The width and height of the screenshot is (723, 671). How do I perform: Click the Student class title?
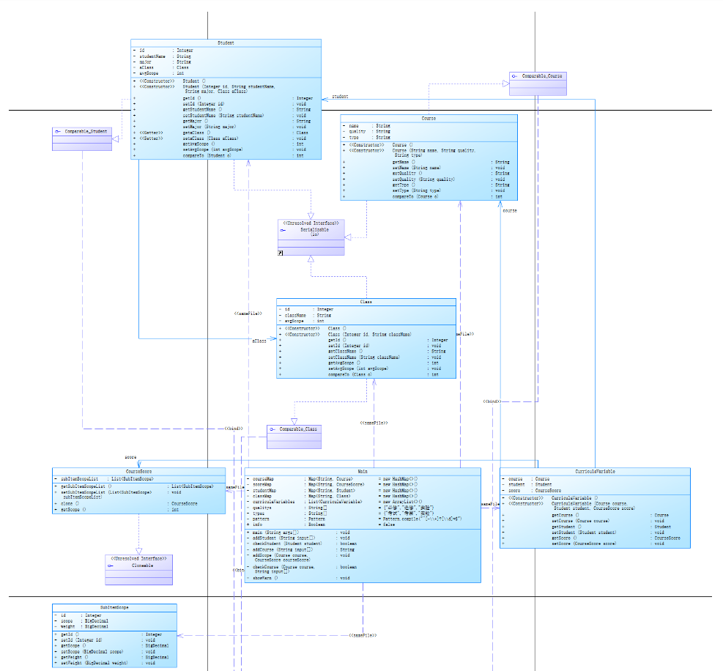pyautogui.click(x=226, y=43)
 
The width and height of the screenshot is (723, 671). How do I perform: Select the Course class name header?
pyautogui.click(x=429, y=118)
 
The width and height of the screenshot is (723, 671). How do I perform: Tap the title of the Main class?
pyautogui.click(x=363, y=472)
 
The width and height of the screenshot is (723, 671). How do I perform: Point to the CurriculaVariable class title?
pyautogui.click(x=595, y=472)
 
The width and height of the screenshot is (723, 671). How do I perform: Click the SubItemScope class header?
pyautogui.click(x=114, y=608)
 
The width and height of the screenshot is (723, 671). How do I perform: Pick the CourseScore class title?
pyautogui.click(x=138, y=472)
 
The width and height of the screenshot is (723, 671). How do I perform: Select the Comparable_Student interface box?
pyautogui.click(x=82, y=133)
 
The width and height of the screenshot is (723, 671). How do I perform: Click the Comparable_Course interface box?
pyautogui.click(x=538, y=77)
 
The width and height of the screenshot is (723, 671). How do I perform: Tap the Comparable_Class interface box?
pyautogui.click(x=294, y=429)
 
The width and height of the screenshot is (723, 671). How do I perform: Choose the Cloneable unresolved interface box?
pyautogui.click(x=138, y=565)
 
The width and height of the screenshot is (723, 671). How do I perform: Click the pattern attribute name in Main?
pyautogui.click(x=262, y=519)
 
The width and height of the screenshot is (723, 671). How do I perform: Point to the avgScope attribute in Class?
pyautogui.click(x=293, y=321)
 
